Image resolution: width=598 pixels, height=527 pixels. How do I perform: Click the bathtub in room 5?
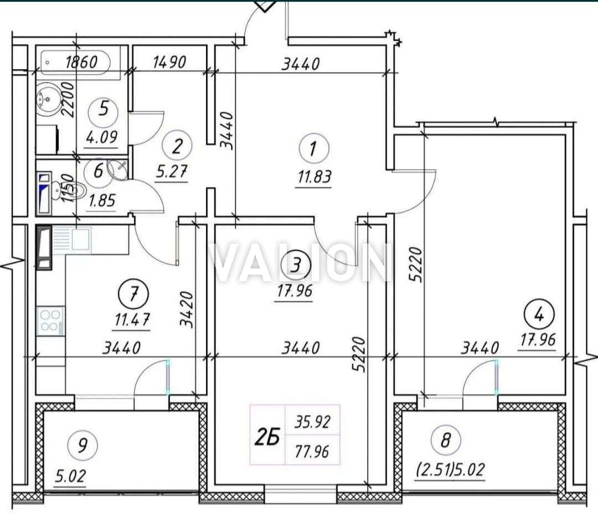point(75,62)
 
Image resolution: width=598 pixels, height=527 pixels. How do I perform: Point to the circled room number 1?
point(314,148)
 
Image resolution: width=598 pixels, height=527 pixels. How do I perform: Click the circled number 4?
point(539,315)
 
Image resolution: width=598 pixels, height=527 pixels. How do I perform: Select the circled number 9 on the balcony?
point(83,445)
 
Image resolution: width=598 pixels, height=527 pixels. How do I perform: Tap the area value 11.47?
point(132,319)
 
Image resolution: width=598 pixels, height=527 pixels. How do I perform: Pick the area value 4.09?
point(102,136)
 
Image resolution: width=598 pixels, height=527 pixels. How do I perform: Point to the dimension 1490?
point(169,62)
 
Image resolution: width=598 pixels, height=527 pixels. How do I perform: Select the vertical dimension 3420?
point(187,309)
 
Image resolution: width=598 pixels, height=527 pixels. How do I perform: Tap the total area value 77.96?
point(312,452)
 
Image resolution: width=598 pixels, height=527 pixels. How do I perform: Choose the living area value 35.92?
point(312,422)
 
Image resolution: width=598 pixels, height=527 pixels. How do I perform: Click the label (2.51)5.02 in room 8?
point(450,469)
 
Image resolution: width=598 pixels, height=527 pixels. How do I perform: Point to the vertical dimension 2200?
point(69,100)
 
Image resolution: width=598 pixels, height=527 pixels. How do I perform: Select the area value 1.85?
point(102,200)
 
